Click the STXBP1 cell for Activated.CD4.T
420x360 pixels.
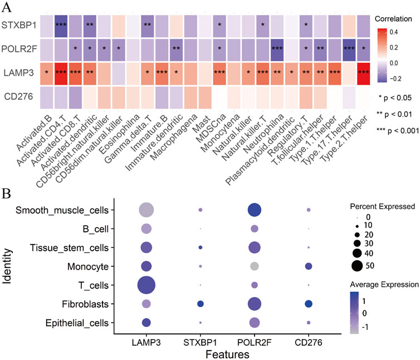click(61, 25)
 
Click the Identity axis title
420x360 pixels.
click(7, 266)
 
